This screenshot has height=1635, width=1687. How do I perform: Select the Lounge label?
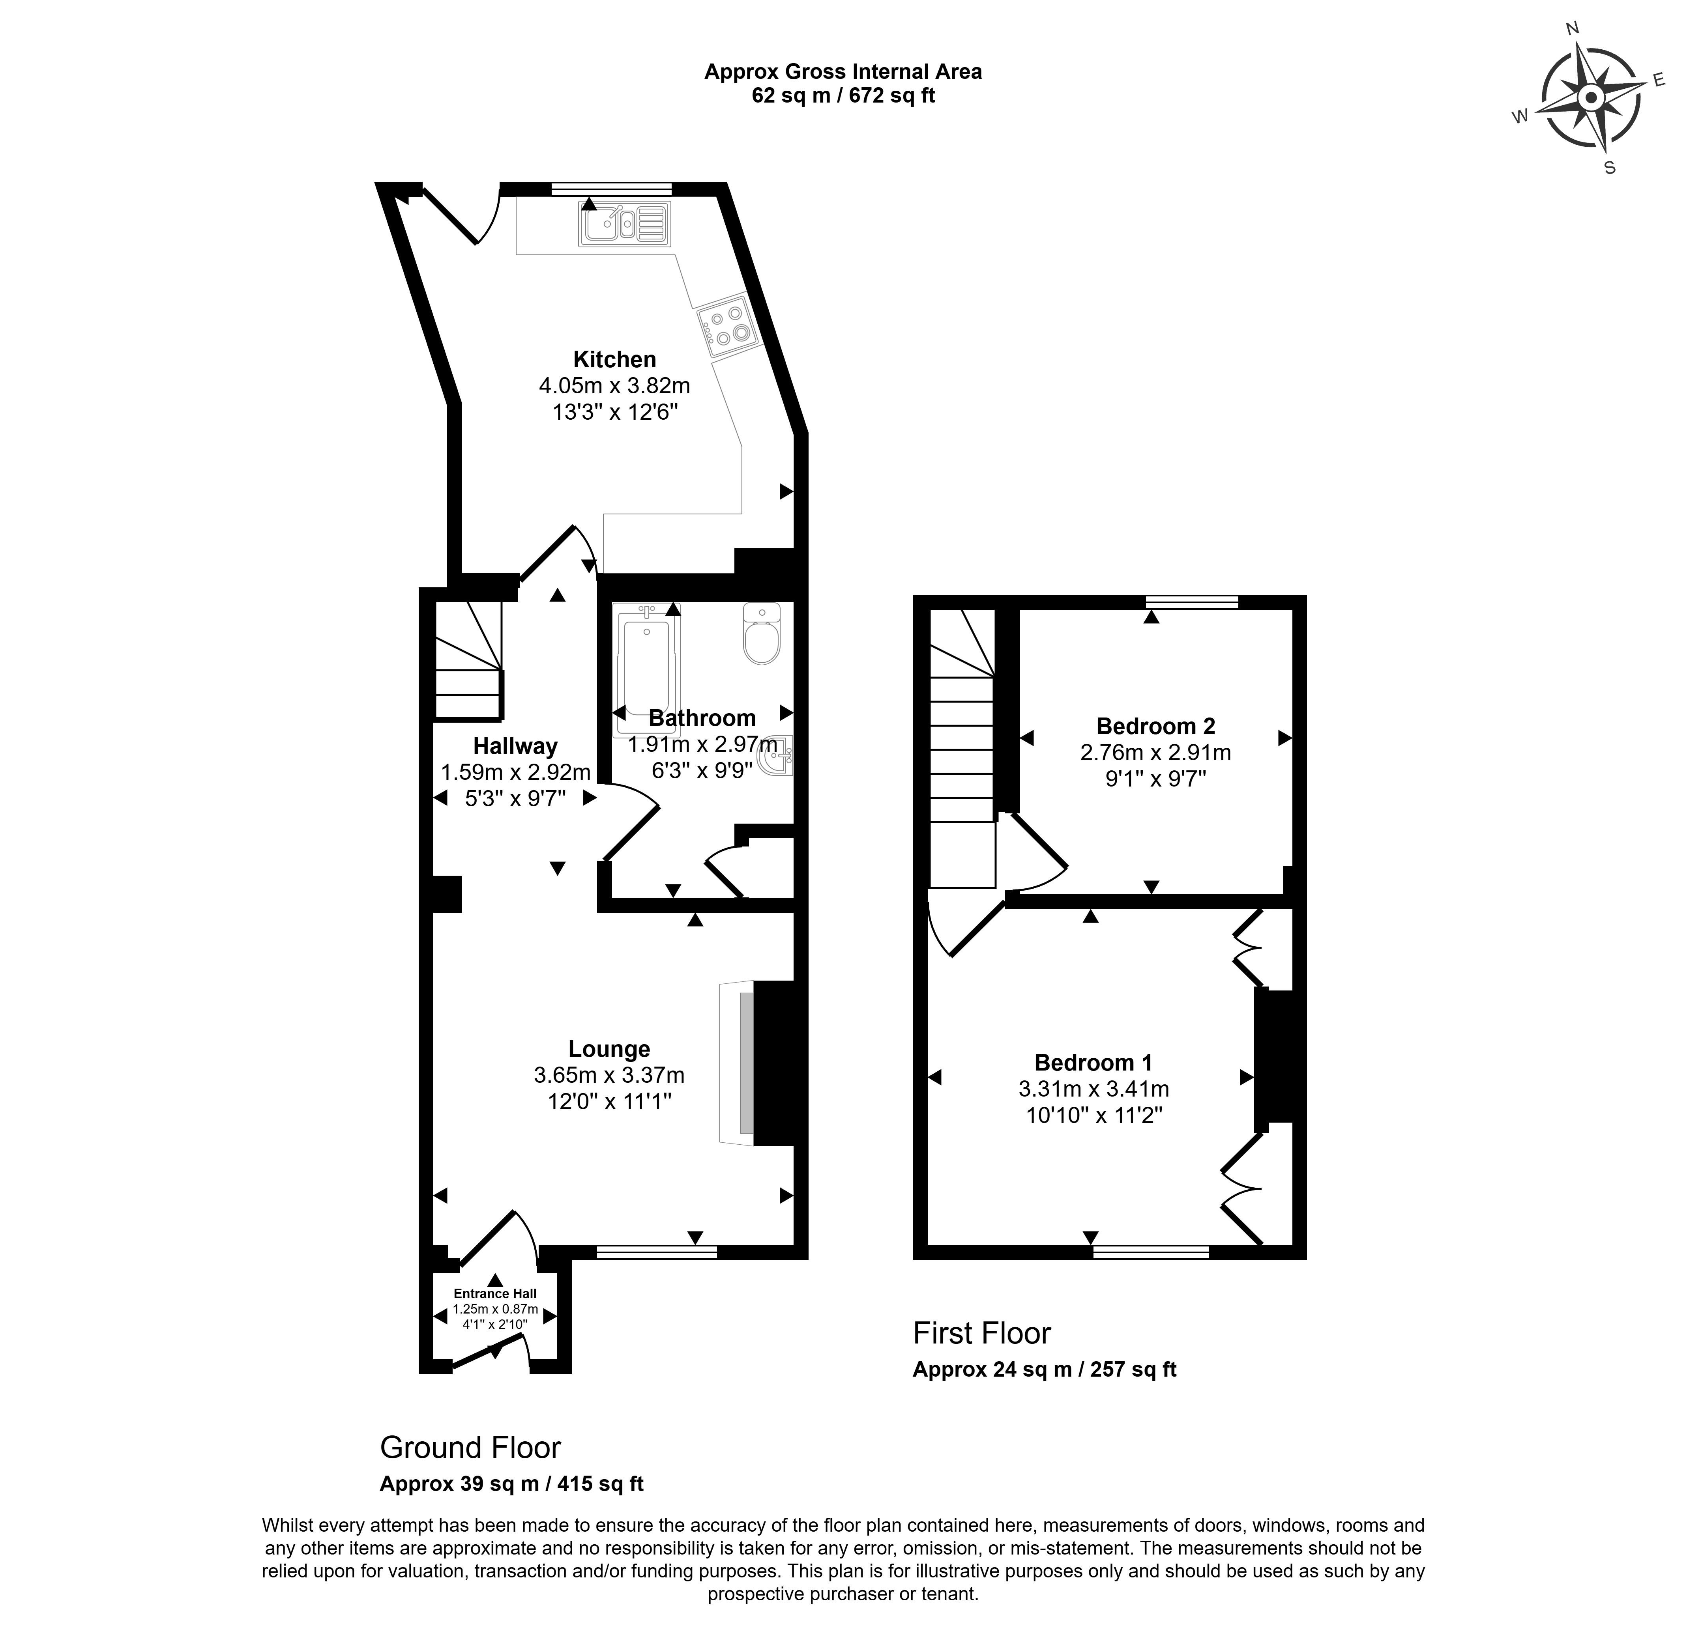tap(609, 1049)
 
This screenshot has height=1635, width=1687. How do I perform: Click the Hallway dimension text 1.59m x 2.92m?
tap(515, 772)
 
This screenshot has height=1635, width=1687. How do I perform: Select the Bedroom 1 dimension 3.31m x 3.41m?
tap(1093, 1089)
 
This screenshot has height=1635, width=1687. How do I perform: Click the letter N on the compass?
tap(1572, 53)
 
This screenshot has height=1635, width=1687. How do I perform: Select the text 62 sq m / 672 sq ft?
tap(843, 95)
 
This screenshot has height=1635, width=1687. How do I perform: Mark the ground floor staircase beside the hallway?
tap(467, 660)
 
